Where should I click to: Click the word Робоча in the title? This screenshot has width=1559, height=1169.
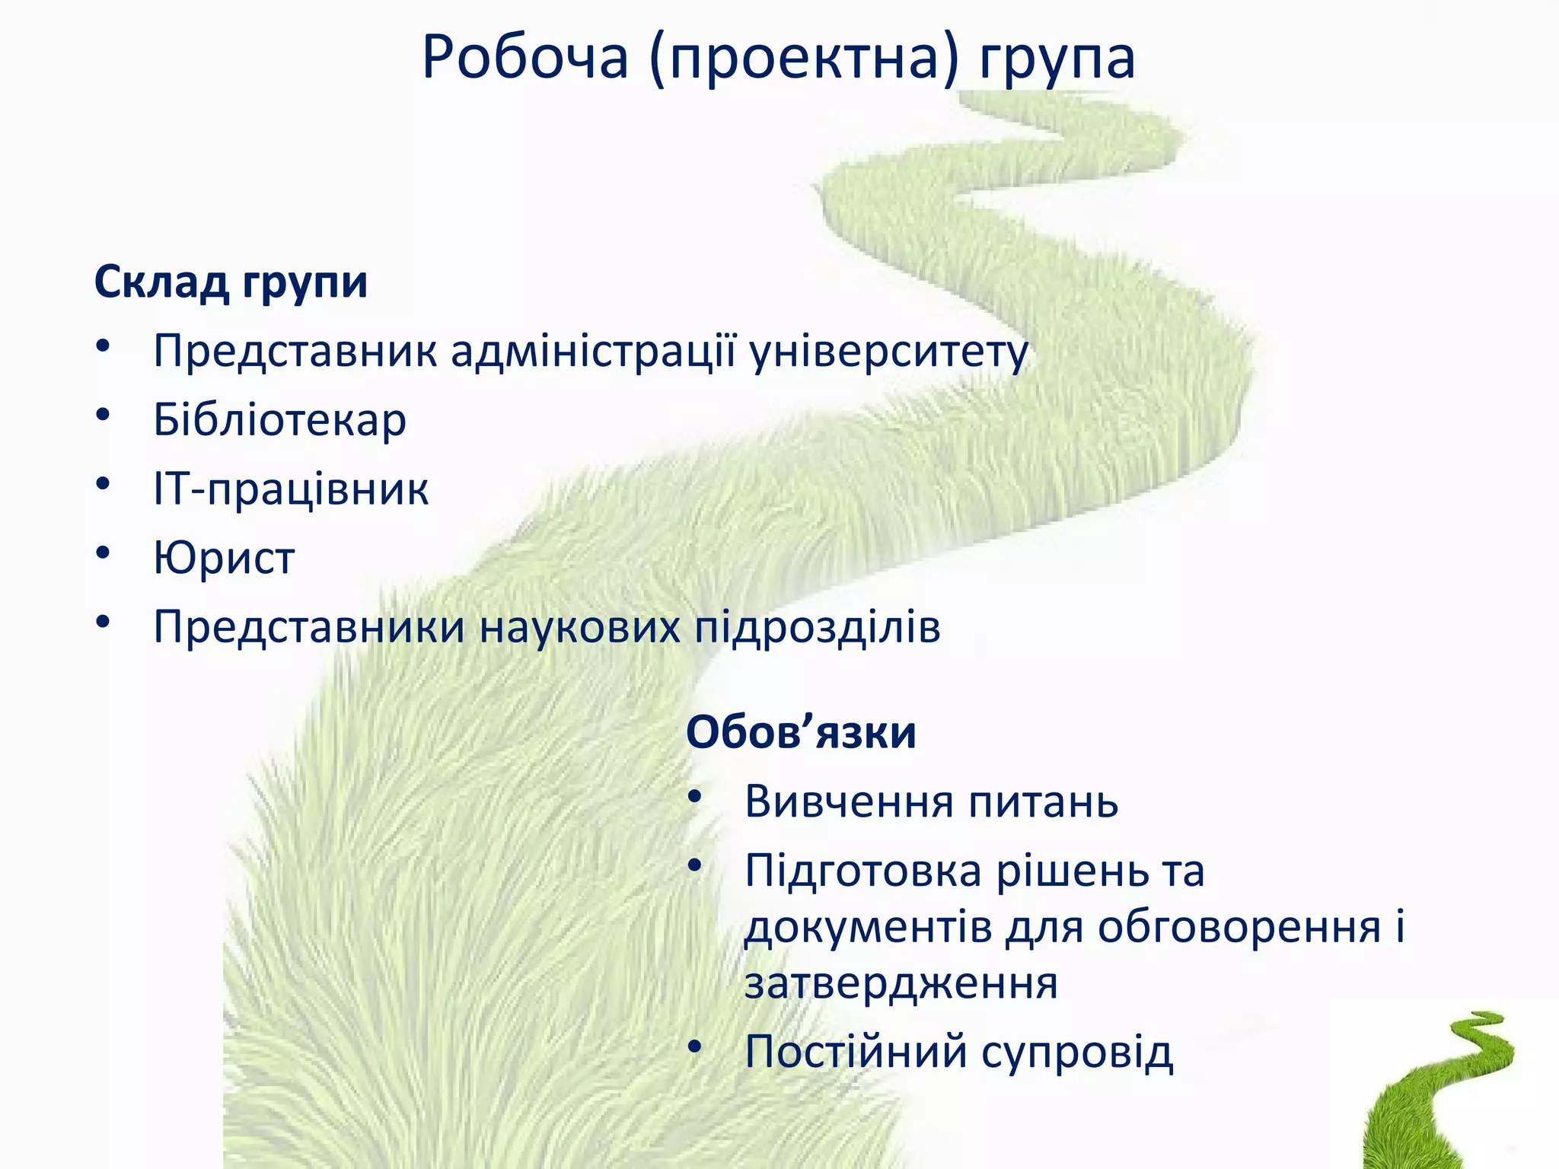tap(525, 58)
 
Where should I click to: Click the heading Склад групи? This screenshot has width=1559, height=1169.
tap(231, 283)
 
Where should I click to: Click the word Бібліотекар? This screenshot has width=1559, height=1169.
tap(279, 420)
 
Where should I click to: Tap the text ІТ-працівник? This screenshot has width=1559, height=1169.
tap(291, 489)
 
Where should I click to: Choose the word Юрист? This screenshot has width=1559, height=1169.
tap(224, 558)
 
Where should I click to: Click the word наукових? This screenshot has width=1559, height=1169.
tap(579, 627)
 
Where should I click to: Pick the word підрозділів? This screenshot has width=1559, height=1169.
tap(817, 629)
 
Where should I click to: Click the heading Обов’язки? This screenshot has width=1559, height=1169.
tap(801, 733)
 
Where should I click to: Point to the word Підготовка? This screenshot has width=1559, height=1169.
tap(863, 871)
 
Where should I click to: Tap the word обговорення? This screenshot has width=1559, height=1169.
tap(1239, 928)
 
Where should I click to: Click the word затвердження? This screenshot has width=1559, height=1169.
tap(901, 983)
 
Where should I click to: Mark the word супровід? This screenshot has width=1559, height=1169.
tap(1076, 1053)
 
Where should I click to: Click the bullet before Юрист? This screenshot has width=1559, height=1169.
tap(104, 553)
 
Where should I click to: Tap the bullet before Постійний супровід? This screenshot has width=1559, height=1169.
tap(693, 1048)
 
